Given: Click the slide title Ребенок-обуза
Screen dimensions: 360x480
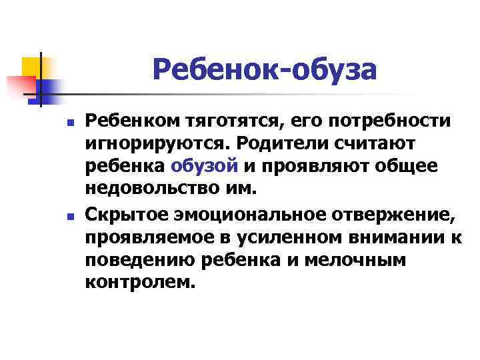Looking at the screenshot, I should click(x=265, y=69).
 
